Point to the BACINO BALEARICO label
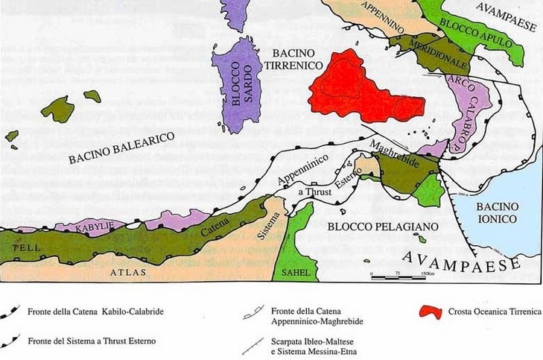click(x=121, y=148)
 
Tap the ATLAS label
click(x=128, y=274)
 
